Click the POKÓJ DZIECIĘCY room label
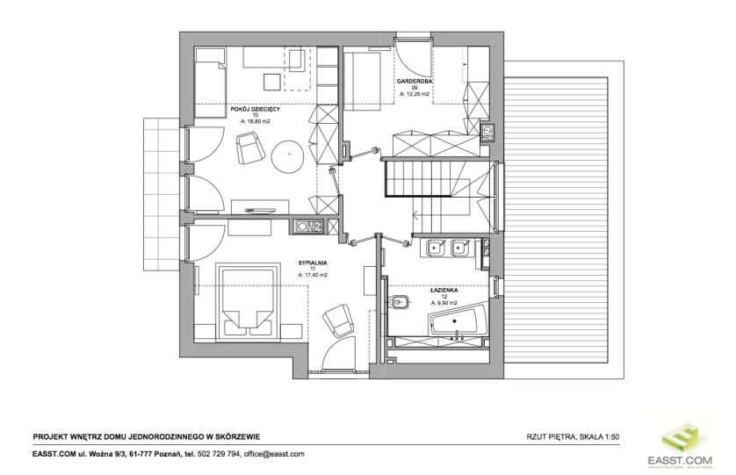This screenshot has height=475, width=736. pos(256,109)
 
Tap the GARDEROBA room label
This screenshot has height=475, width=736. pos(415,81)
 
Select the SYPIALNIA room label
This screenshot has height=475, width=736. pos(313,263)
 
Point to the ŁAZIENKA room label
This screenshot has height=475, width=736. pos(444,291)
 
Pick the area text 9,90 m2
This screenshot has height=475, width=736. pos(447,303)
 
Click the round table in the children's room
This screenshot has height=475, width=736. pos(287,155)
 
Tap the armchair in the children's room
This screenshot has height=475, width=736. pos(249,148)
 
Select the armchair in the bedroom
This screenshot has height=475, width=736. pos(338,320)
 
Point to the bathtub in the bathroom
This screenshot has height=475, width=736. pos(458,321)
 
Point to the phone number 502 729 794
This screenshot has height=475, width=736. pos(220,454)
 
